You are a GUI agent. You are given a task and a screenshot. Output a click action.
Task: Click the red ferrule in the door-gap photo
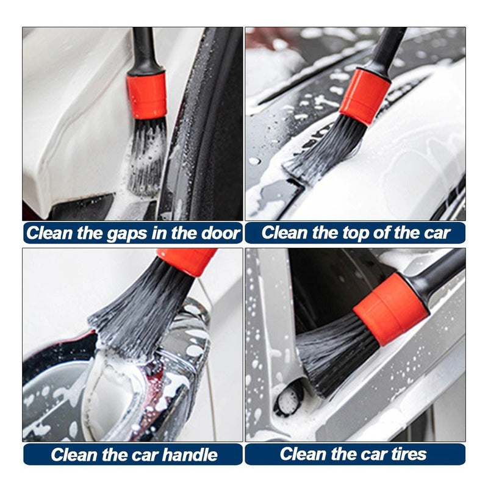coord(147,96)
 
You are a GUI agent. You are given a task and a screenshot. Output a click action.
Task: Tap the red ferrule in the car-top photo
coord(365,96)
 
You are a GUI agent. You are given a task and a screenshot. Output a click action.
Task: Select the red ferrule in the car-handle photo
coord(187,260)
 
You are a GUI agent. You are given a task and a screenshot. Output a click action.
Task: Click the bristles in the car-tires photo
coord(332,354)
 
